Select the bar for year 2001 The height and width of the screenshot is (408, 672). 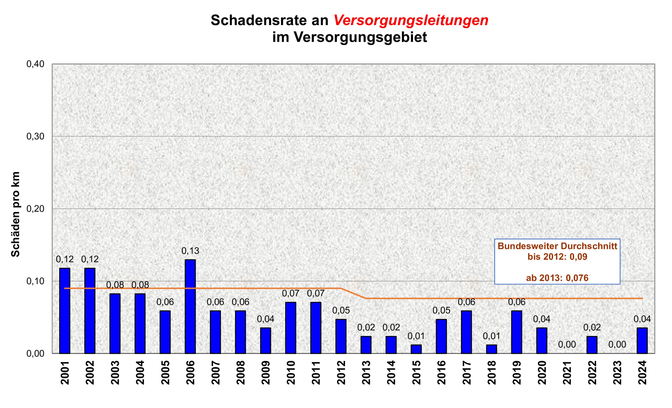click(x=65, y=311)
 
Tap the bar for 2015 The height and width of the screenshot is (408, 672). click(x=416, y=349)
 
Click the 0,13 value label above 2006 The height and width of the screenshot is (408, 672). click(x=190, y=251)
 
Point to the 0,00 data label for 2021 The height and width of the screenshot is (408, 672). click(x=567, y=344)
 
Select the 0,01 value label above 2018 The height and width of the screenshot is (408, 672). click(x=492, y=336)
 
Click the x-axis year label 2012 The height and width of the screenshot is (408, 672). click(x=341, y=373)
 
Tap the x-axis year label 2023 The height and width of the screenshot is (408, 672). click(x=617, y=373)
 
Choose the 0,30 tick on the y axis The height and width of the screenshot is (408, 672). click(x=35, y=136)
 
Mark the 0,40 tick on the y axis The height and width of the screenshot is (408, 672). click(x=35, y=64)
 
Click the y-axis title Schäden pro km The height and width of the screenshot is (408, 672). click(x=15, y=214)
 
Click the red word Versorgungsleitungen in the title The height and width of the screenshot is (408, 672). click(x=411, y=20)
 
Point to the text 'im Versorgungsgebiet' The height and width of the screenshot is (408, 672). click(x=349, y=37)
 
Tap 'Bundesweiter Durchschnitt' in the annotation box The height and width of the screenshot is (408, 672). click(x=557, y=246)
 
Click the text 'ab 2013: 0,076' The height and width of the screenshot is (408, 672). click(x=557, y=278)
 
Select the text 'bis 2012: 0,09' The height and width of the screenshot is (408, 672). click(x=557, y=257)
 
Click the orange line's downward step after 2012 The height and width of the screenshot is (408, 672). click(x=353, y=293)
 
